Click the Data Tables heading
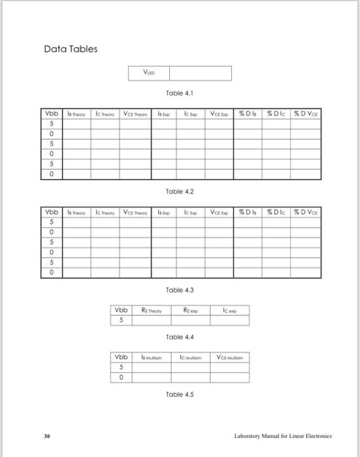pos(71,49)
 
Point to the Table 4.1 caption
pos(180,93)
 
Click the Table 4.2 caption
pos(180,192)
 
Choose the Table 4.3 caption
pos(180,289)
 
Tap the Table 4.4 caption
pos(180,337)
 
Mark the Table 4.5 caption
pos(180,394)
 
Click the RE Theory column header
pos(155,311)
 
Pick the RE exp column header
pos(191,311)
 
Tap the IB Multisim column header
pos(152,358)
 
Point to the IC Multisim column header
pos(191,358)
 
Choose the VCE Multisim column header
pos(229,358)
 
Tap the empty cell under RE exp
pos(191,320)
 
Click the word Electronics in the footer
pos(317,435)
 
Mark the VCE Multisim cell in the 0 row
pos(229,377)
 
